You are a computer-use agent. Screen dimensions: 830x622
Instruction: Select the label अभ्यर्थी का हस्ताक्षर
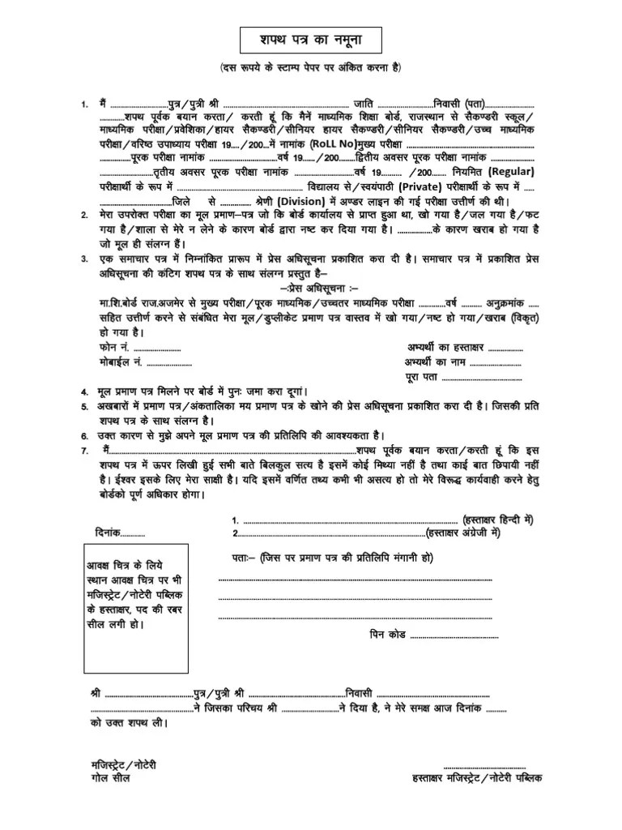tap(445, 348)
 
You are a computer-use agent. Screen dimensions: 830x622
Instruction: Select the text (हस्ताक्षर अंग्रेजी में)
tap(465, 533)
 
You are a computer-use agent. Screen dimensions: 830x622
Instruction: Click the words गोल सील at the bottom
tap(110, 777)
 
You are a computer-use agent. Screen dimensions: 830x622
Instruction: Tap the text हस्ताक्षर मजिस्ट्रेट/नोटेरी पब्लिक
tap(478, 777)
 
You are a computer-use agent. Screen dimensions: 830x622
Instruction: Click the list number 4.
tap(84, 391)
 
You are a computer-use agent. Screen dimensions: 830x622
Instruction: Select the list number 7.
tap(84, 450)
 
